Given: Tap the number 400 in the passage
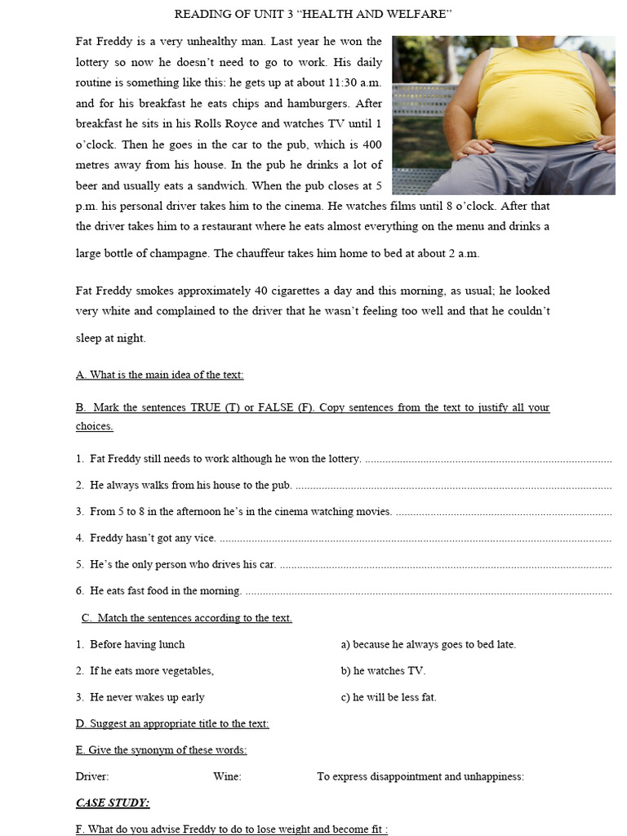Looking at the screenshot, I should coord(371,145).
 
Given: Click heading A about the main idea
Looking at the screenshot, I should coord(160,375).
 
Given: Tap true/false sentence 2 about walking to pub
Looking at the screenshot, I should coord(190,485).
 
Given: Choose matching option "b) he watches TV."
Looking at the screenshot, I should coord(383,671).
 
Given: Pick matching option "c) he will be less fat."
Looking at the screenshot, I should coord(389,697).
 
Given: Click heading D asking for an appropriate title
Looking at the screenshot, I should coord(172,723).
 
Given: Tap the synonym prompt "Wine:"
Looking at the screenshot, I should coord(227,776).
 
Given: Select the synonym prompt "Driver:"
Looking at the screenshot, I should coord(92,776).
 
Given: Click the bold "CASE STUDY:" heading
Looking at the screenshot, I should coord(113,803).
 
